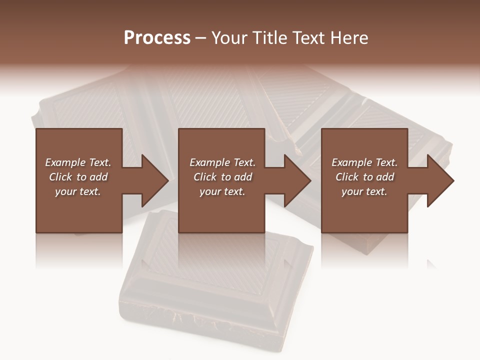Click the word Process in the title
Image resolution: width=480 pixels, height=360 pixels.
(x=157, y=38)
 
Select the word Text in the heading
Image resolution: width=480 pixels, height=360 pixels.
(x=310, y=38)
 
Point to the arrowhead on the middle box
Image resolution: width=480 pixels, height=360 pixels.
(x=296, y=180)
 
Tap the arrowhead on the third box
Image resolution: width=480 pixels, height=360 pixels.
(x=439, y=180)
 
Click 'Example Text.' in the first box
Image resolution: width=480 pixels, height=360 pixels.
(x=78, y=162)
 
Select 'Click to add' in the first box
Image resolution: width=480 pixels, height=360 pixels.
(x=78, y=177)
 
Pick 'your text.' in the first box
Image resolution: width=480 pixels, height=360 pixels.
(x=78, y=191)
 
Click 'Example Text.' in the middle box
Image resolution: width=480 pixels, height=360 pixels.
(x=222, y=162)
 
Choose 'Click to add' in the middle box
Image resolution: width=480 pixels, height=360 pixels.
(x=222, y=177)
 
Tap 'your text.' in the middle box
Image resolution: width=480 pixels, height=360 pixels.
(x=222, y=191)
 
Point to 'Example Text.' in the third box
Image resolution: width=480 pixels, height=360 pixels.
(x=364, y=162)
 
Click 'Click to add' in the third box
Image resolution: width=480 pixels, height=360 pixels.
(x=364, y=177)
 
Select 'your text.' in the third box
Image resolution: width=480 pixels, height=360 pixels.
(x=364, y=191)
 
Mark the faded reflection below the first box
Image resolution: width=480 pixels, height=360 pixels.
(x=79, y=250)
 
